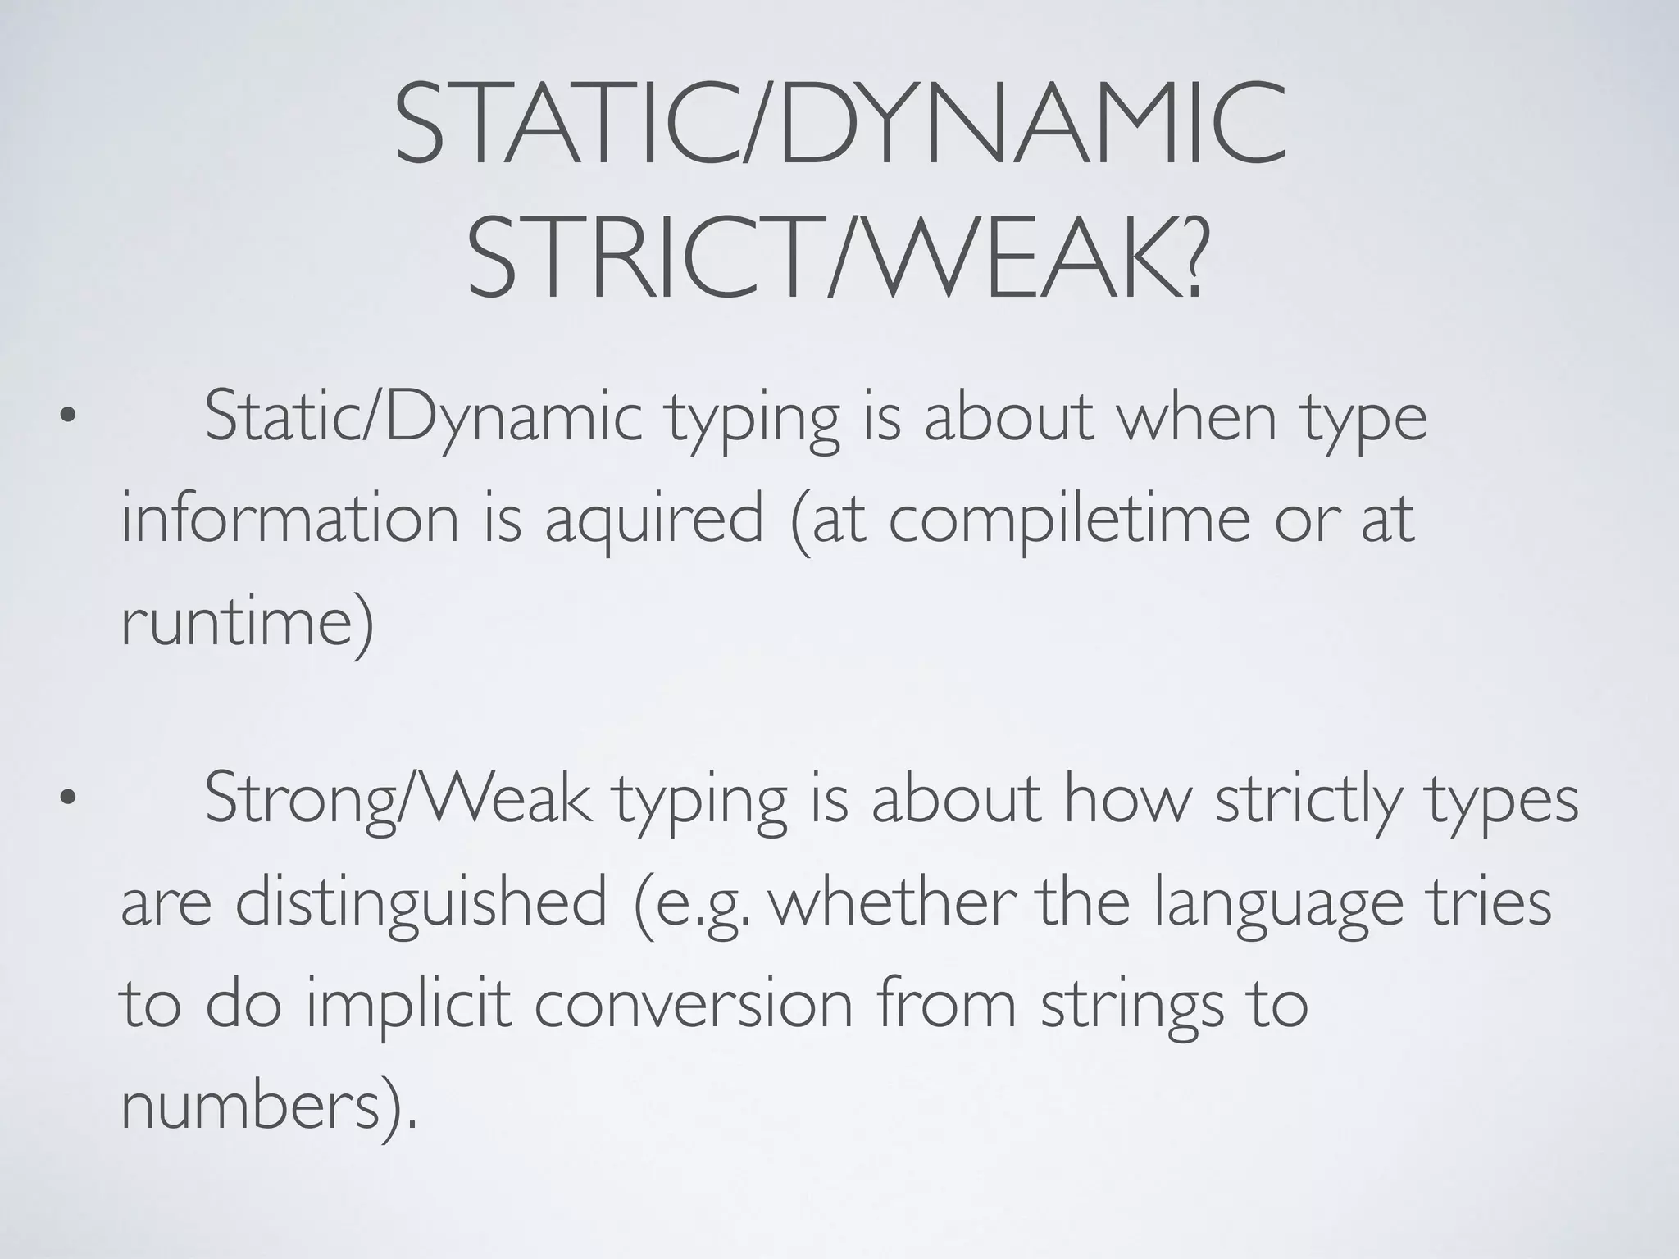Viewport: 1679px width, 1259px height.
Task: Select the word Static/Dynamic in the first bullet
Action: (423, 418)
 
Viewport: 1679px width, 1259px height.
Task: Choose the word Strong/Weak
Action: (397, 800)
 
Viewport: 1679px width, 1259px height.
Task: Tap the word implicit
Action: (409, 1003)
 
